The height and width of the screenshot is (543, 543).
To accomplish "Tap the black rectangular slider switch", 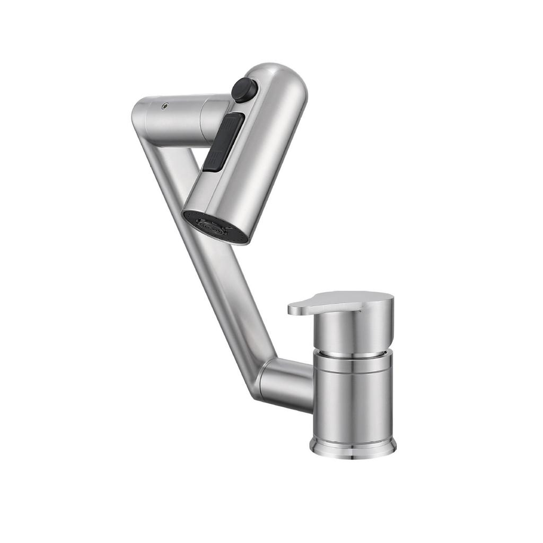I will coord(223,142).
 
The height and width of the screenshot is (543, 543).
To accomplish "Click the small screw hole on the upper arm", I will coord(165,106).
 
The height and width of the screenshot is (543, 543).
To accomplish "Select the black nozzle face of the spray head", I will coord(215,227).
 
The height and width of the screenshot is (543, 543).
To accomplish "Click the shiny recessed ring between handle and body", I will coord(352,353).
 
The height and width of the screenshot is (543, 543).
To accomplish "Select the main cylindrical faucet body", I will coord(353,403).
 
